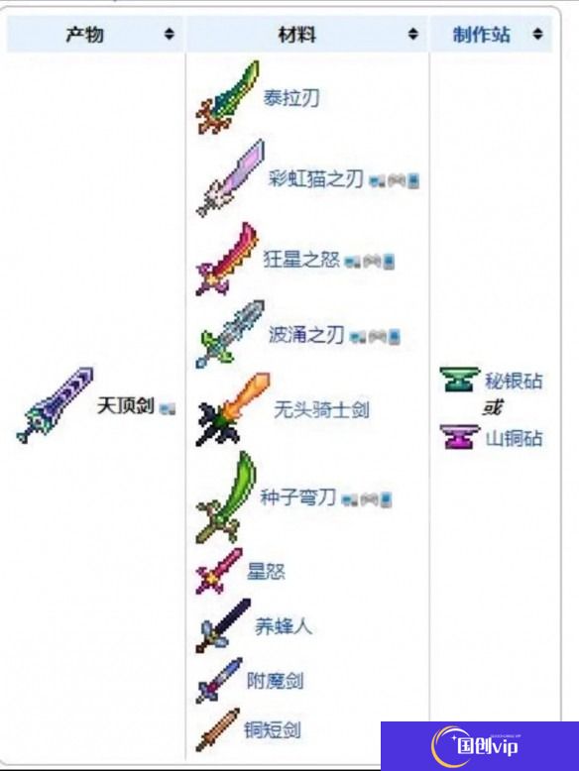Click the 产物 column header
click(84, 35)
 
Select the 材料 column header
click(297, 35)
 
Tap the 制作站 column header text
click(481, 35)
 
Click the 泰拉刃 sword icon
click(228, 97)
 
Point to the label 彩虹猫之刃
click(315, 178)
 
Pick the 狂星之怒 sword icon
click(227, 259)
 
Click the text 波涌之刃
click(306, 335)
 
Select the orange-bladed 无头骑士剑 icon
click(233, 408)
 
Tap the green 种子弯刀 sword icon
click(226, 497)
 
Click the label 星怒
click(266, 571)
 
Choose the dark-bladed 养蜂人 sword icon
click(223, 625)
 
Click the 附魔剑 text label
click(275, 681)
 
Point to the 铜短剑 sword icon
click(217, 729)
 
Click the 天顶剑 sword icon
click(55, 405)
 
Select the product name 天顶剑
click(126, 406)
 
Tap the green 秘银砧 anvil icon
click(459, 380)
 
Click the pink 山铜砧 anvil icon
click(459, 437)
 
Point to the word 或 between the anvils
click(492, 407)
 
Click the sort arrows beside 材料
click(413, 34)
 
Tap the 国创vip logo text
click(487, 746)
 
